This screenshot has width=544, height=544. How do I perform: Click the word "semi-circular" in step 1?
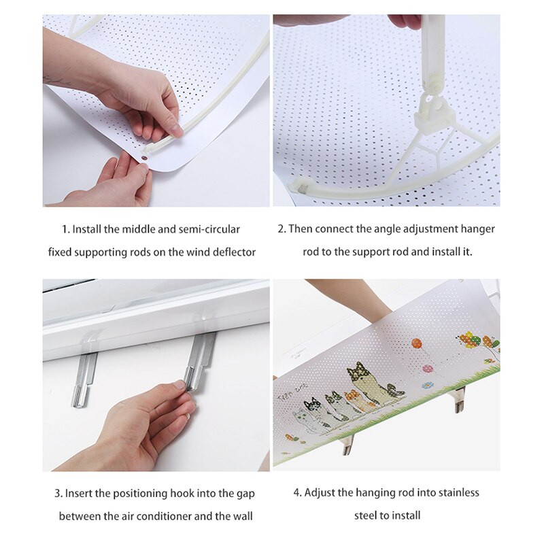point(209,229)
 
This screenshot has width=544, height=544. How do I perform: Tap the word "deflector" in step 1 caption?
point(234,252)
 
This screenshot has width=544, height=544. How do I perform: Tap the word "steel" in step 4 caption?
point(364,515)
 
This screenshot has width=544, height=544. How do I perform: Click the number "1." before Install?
point(66,229)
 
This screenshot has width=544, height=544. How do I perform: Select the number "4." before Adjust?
point(298,492)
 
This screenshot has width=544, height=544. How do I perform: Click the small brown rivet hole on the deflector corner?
point(143,158)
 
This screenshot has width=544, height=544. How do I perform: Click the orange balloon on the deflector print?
point(417,344)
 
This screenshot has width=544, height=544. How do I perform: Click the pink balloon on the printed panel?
point(428,369)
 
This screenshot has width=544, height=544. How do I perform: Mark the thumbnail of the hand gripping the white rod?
point(176,130)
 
